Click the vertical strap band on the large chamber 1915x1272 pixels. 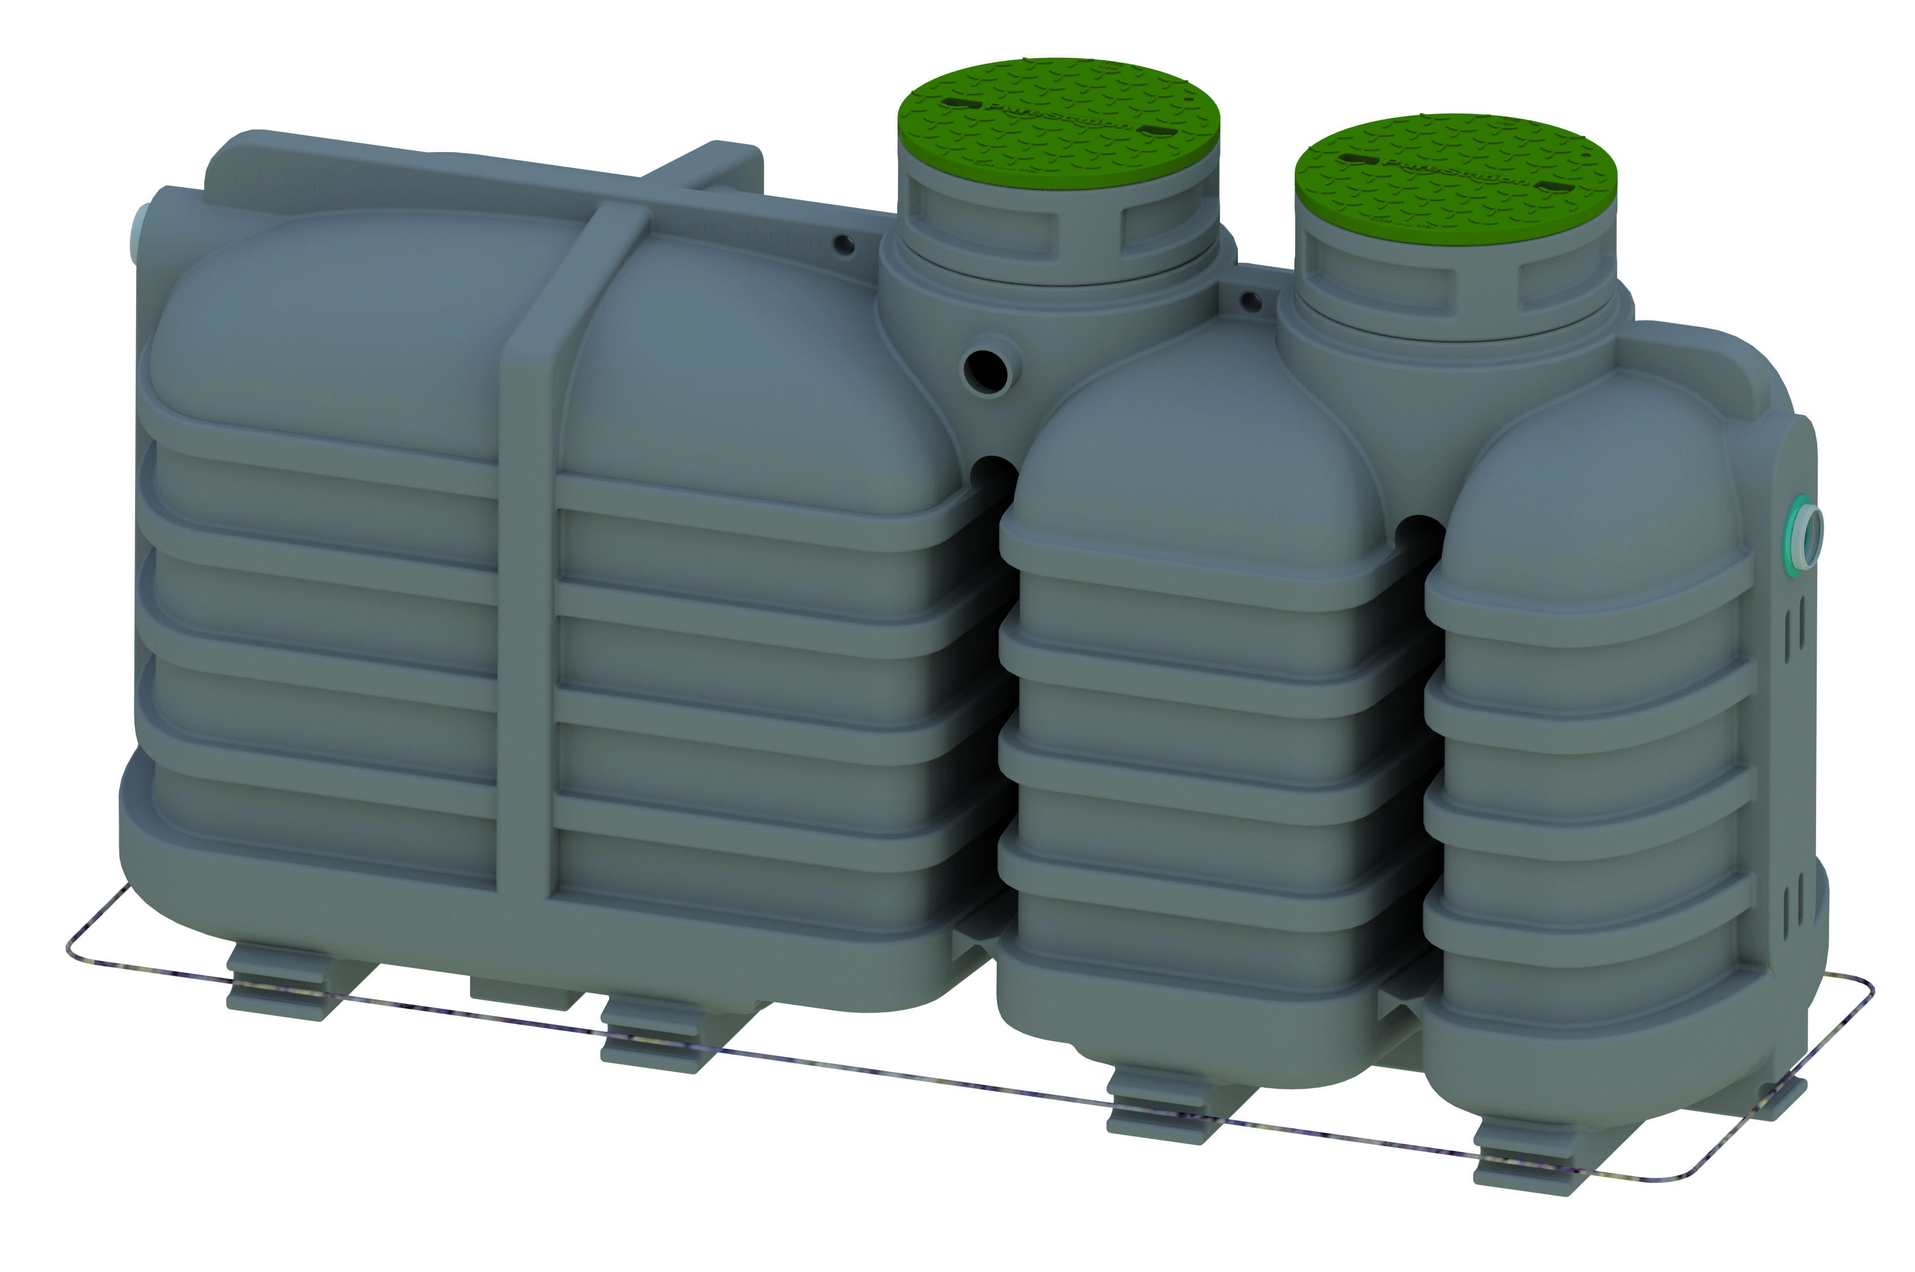coord(527,568)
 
